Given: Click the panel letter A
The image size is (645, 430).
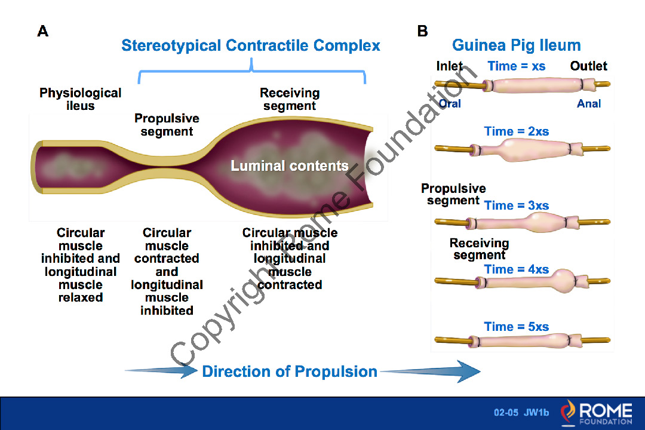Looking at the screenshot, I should point(42,31).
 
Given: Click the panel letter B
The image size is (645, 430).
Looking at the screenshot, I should point(423,31).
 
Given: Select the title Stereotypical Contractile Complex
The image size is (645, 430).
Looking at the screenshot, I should point(251,45).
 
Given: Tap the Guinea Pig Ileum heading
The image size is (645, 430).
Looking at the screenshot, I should point(516,45).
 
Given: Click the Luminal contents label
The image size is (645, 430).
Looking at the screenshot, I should point(290,166).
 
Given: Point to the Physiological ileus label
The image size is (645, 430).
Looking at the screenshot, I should point(81,99).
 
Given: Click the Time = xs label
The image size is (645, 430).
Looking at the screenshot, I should point(517,66).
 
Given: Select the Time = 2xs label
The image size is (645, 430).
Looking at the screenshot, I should point(517,131).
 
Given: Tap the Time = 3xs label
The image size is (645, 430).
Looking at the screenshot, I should point(517,205).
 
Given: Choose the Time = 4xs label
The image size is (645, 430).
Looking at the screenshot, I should point(517,269).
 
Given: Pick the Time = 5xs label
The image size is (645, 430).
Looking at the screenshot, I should point(517,327).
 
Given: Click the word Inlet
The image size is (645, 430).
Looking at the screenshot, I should point(450,66).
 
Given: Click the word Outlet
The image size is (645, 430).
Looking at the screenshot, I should point(588,66).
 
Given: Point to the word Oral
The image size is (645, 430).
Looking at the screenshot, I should point(450,103).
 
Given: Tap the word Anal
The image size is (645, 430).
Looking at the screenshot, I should point(589,103).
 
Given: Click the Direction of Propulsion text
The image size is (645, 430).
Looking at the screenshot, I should point(290,371).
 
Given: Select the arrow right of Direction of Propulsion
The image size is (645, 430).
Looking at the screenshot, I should point(430,371).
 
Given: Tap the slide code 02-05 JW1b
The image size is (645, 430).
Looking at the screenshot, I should point(521,413).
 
